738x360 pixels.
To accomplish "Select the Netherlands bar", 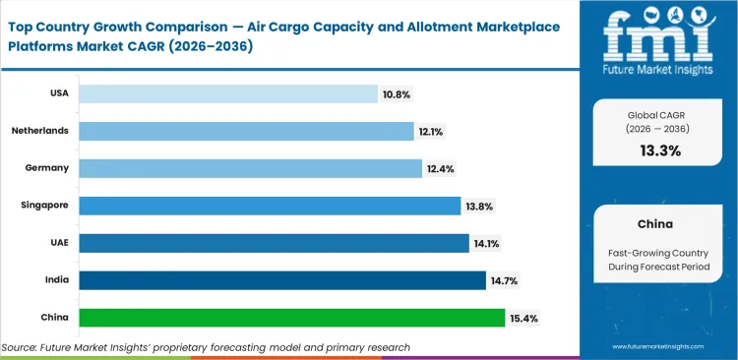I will coord(246,131).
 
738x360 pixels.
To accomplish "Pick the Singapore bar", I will coord(270,206).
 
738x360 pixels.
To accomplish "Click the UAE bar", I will coord(274,243).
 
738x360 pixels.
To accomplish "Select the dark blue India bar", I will coord(282,280).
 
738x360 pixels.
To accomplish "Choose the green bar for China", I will coord(292,318).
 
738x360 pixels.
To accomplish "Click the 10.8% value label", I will coord(397,94).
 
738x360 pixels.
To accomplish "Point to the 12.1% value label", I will coord(432,132).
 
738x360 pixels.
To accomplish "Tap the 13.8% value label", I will coord(479,207).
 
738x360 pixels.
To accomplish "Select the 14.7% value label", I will coord(504,281).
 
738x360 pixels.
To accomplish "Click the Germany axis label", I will coord(46,168).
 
